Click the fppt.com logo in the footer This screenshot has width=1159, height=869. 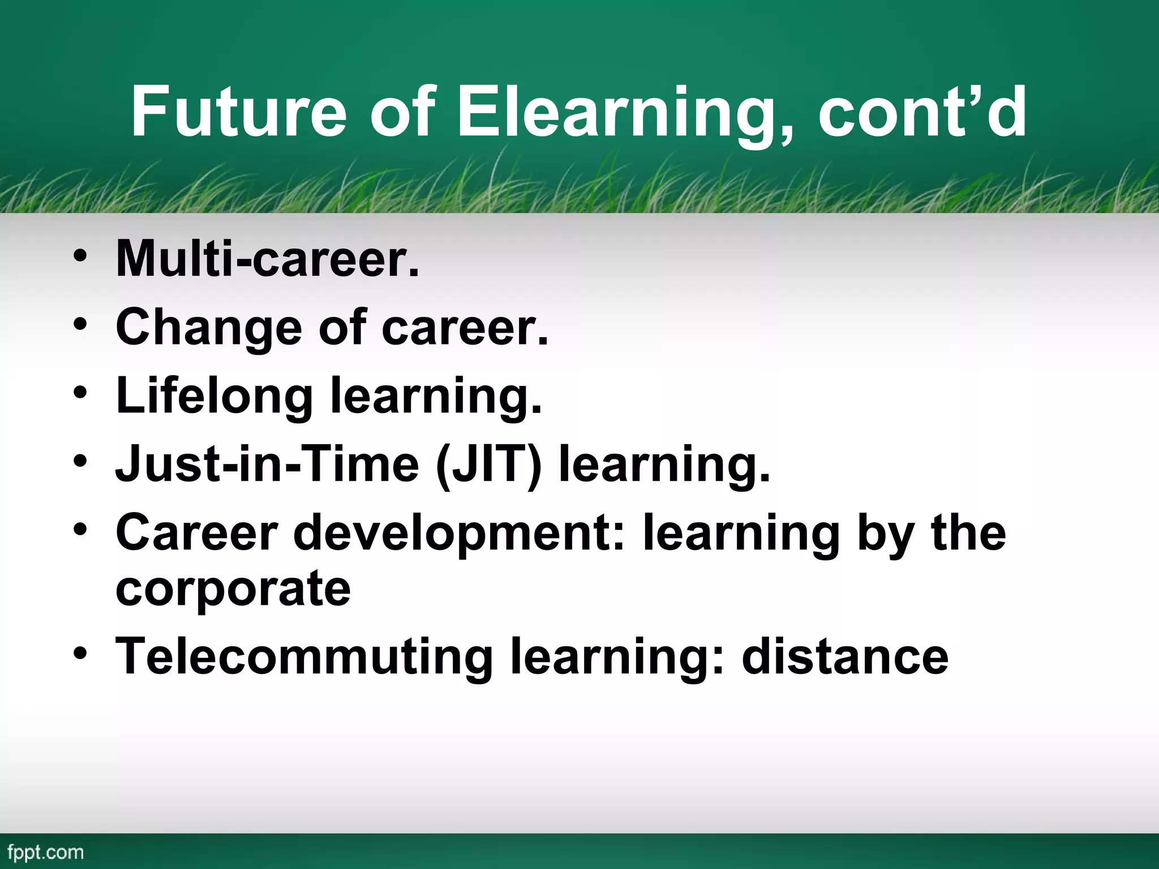coord(46,852)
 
